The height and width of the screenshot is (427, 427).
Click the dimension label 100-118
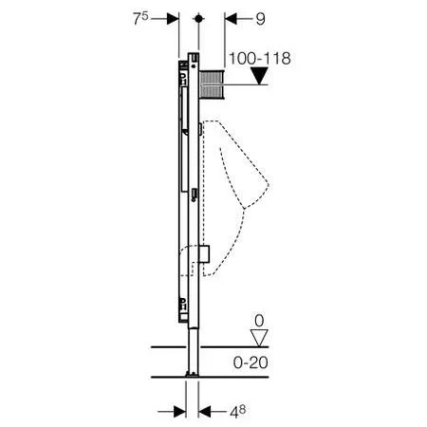point(260,59)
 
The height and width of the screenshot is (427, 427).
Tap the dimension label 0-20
point(251,362)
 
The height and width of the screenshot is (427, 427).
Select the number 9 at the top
point(260,19)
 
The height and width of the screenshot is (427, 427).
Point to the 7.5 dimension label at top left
point(140,18)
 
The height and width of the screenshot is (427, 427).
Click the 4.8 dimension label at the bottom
point(238,412)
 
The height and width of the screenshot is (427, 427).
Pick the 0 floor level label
point(259,321)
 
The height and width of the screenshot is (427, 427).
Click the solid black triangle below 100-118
point(259,76)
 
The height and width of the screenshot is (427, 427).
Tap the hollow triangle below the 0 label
point(259,338)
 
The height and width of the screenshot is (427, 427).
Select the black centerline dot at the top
point(198,19)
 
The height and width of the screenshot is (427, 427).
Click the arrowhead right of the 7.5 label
point(173,19)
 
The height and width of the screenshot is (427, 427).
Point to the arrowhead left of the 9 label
point(231,19)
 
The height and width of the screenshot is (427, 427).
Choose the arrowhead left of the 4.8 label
point(204,412)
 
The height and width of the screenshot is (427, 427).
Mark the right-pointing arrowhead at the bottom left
point(179,412)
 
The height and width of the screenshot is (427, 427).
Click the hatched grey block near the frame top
point(212,84)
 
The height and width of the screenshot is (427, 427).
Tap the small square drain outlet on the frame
point(204,253)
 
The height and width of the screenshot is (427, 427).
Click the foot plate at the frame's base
point(193,375)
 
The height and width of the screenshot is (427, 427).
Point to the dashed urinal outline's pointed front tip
point(269,183)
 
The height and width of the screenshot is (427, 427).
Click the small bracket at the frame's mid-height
point(195,195)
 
